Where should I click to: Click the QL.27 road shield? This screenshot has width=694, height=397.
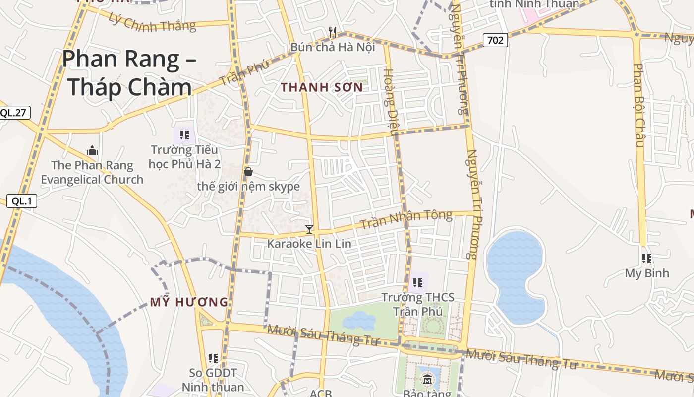point(13,113)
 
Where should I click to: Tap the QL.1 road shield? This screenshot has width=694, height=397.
point(22,201)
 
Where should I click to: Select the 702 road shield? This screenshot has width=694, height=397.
point(495,40)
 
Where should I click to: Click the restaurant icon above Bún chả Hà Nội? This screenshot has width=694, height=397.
point(333,33)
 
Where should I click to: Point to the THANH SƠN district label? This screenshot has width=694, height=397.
point(322,87)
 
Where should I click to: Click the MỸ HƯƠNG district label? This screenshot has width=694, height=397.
point(189,302)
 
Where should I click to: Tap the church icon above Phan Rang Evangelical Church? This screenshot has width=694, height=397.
point(92,150)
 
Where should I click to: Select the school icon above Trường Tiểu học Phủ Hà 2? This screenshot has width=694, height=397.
point(185,135)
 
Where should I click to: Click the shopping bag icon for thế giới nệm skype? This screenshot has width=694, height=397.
point(248,172)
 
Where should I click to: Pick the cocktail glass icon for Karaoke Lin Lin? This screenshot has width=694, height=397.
point(309,229)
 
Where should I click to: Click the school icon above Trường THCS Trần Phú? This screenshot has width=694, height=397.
point(417,283)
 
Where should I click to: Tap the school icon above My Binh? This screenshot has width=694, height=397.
point(646,259)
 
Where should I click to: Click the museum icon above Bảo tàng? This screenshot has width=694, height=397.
point(427,380)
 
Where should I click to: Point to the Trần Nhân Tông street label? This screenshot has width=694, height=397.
point(406,219)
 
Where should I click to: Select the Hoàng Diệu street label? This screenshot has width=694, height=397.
point(390,102)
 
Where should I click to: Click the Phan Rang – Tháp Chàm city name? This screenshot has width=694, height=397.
point(129,73)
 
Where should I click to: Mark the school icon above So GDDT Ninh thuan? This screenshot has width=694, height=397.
point(213,358)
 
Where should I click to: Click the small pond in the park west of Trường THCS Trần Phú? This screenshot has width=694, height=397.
point(359,321)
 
